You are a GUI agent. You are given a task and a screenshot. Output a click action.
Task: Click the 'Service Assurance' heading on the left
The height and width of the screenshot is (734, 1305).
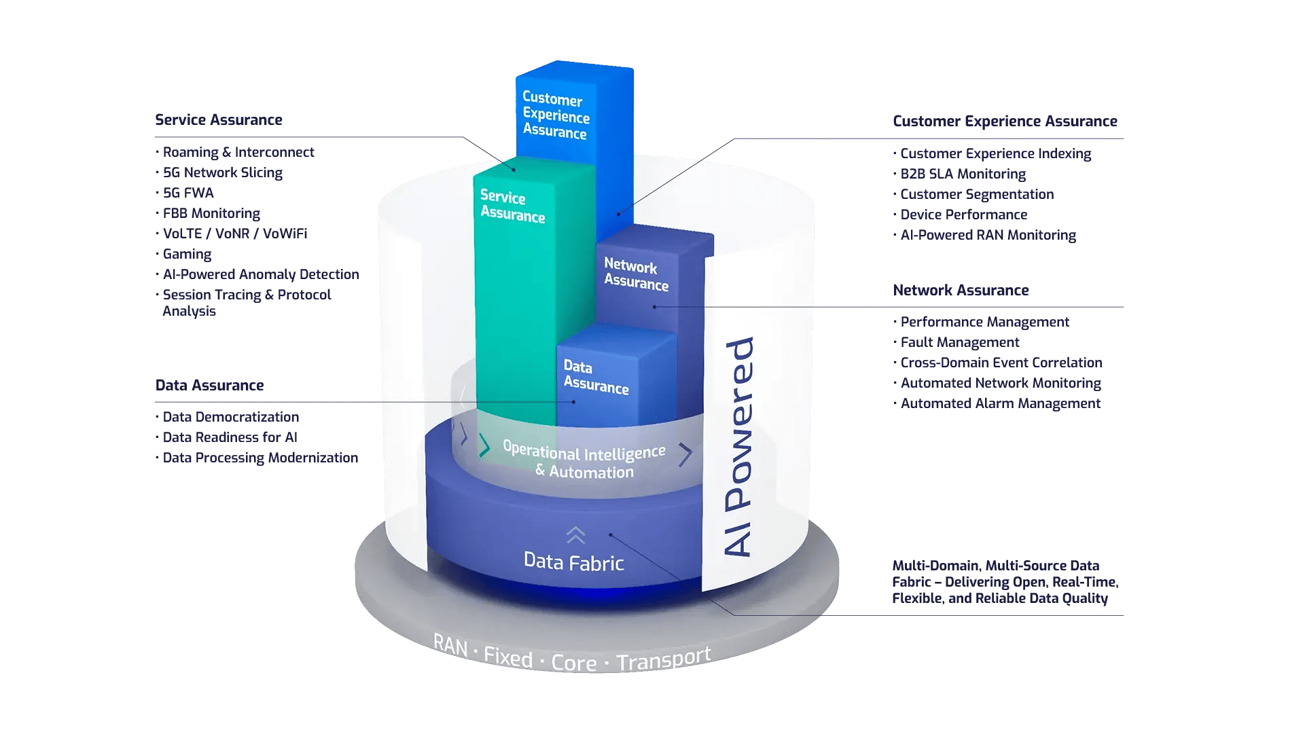pos(218,120)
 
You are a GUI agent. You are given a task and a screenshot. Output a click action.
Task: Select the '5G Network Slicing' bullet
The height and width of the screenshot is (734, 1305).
pos(222,172)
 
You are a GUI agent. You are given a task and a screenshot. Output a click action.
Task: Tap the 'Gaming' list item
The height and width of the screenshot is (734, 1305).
pos(187,254)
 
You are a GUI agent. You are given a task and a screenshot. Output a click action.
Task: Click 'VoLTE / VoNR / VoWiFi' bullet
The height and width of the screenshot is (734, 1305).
pos(234,234)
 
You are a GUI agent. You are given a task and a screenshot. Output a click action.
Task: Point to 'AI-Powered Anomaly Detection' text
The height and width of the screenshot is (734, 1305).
pos(260,274)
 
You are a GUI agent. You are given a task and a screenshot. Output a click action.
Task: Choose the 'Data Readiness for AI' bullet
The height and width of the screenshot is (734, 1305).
pos(230,437)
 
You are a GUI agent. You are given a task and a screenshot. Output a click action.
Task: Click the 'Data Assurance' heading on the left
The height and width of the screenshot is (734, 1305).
pos(209,386)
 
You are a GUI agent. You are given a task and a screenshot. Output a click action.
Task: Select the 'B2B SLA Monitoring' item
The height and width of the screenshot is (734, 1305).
pos(963,174)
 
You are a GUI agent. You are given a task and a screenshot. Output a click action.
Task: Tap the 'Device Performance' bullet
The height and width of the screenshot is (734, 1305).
pos(963,215)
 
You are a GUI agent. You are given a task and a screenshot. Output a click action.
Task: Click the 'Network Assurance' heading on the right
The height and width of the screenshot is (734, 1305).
pos(961,291)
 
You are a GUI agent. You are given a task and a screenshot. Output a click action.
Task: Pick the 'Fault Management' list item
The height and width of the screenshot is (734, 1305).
pos(959,342)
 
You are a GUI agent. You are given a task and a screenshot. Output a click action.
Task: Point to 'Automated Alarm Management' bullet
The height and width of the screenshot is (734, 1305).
pos(1000,403)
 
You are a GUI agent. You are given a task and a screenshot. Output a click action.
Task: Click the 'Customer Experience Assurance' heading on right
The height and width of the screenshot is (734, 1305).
pos(1004,122)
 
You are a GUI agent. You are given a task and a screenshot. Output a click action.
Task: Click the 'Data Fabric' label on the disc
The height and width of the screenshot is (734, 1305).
pos(573,562)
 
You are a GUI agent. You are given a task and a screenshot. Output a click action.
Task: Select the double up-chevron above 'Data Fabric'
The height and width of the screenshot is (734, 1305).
pos(575,535)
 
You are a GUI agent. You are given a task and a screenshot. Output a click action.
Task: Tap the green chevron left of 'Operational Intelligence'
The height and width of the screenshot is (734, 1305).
pos(484,446)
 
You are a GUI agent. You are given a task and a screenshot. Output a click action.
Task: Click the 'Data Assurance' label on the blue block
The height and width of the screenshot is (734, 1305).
pos(595,377)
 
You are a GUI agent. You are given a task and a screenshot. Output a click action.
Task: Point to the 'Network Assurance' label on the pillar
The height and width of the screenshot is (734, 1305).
pos(635,274)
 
